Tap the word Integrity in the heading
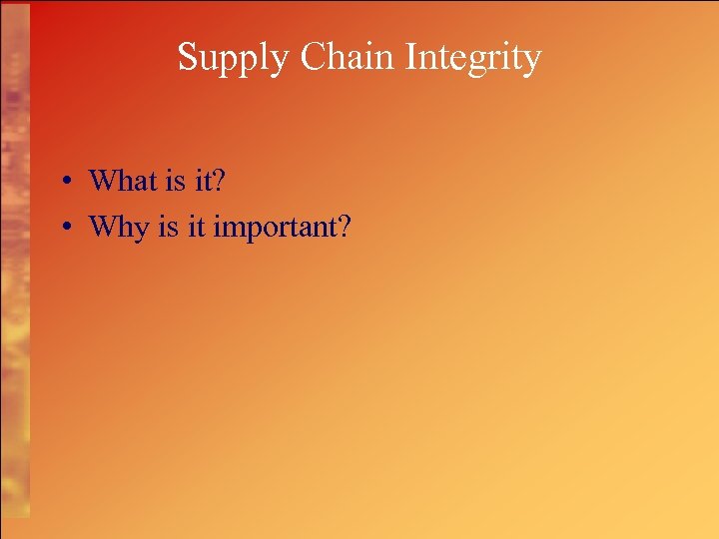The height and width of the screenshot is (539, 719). coord(474,58)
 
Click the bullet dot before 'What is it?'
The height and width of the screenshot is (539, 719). coord(63,182)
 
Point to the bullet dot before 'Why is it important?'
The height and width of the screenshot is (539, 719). coord(63,228)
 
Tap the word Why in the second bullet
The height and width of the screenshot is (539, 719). coord(118,228)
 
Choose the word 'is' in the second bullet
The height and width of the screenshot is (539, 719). coord(166,227)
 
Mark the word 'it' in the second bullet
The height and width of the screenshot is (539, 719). coord(194,227)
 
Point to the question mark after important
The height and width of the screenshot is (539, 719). coord(344,227)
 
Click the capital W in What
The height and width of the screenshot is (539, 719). coord(103,180)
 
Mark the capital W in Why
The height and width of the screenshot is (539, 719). coord(103,227)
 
